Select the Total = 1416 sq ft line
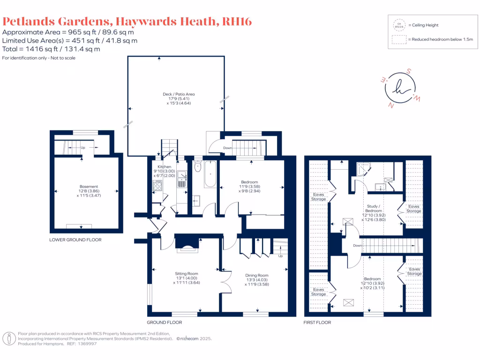(x=51, y=49)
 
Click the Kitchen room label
(x=164, y=167)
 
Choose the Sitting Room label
(x=187, y=274)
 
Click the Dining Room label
(x=257, y=276)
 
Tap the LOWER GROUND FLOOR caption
(x=75, y=240)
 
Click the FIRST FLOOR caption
(x=318, y=322)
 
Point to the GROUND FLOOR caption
(x=164, y=322)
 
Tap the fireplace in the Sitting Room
(x=187, y=244)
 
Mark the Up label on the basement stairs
(x=82, y=148)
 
